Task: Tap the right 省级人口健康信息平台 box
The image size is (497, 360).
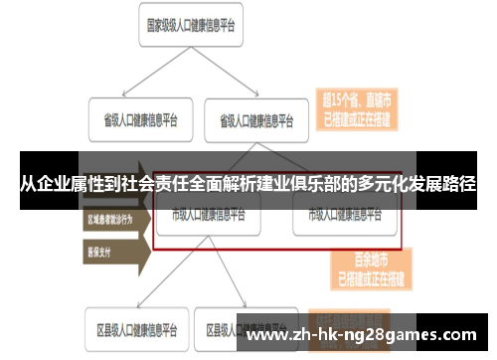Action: [256, 120]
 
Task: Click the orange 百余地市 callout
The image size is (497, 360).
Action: [356, 266]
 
